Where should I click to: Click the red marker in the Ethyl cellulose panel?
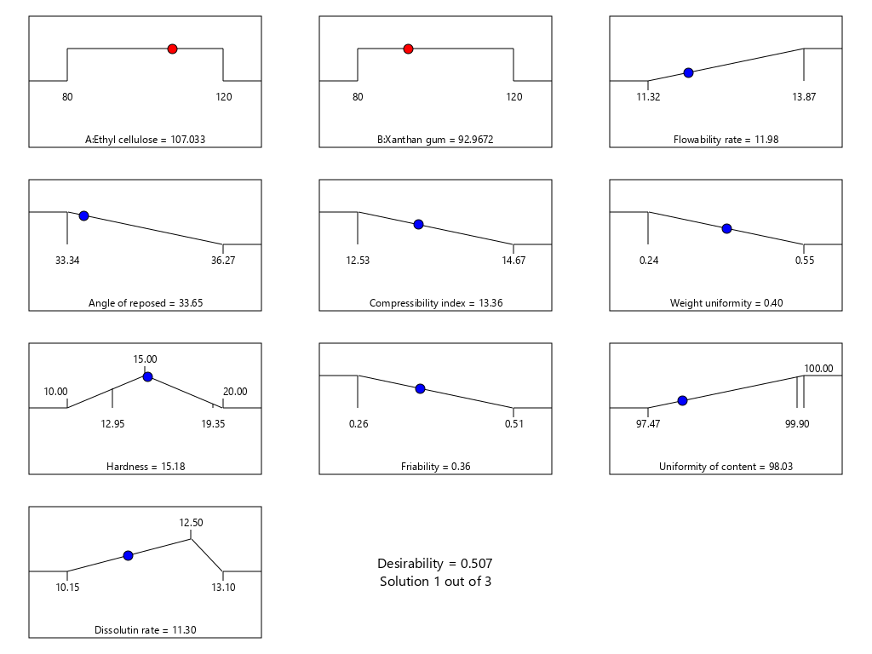172,49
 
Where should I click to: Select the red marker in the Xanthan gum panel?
408,49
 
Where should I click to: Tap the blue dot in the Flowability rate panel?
688,73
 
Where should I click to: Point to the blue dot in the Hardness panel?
147,376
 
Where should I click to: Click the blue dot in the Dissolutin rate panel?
128,555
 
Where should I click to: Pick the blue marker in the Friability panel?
419,388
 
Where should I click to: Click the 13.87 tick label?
804,97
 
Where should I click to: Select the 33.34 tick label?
67,261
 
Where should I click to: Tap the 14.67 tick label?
513,261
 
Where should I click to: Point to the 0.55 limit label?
804,261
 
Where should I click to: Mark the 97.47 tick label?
648,424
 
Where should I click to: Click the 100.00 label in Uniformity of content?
818,369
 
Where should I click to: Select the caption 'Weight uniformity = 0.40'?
726,303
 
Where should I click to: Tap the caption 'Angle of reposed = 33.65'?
145,303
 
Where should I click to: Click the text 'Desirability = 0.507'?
435,564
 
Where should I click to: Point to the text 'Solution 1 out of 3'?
435,582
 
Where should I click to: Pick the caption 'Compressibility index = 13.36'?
435,303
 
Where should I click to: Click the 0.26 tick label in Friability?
358,424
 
